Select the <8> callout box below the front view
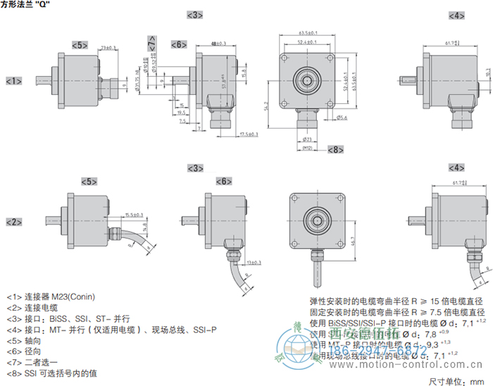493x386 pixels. [x=335, y=150]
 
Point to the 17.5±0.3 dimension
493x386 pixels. [x=248, y=134]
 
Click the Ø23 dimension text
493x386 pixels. [x=307, y=141]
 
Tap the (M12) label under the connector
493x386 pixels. [x=307, y=148]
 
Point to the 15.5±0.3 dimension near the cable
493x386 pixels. [x=133, y=214]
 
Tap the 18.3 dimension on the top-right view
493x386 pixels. [x=488, y=72]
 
